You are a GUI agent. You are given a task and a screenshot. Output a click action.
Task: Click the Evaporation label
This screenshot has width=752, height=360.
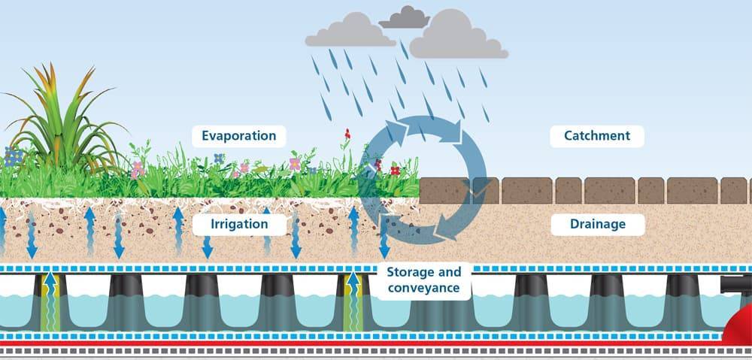(238, 136)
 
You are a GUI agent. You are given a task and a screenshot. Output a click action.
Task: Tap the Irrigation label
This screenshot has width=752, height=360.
(240, 224)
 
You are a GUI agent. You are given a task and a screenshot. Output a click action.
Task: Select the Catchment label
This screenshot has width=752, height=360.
(596, 136)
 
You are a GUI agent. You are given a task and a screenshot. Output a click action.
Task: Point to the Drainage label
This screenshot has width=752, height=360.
(598, 224)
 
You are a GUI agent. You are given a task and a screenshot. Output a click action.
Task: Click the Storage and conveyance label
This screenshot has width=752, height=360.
(423, 280)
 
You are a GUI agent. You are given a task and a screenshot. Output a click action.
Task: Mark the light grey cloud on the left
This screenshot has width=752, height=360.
(349, 31)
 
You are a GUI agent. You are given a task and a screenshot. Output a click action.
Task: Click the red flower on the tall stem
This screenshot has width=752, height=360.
(347, 135)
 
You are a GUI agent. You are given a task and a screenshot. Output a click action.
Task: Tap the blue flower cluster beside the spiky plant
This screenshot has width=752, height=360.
(13, 156)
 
